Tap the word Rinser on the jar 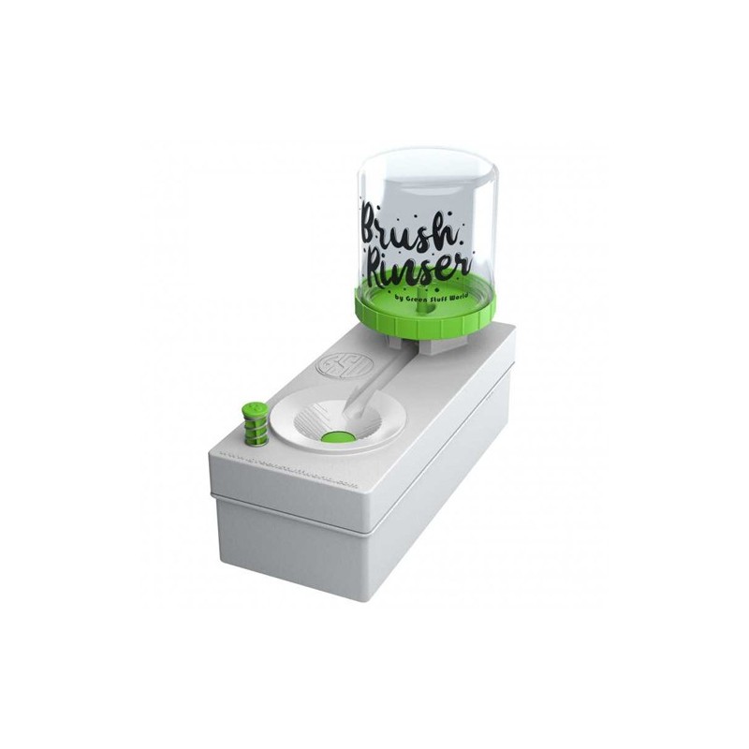tap(415, 262)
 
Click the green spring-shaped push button tap(254, 423)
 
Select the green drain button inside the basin tap(338, 436)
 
